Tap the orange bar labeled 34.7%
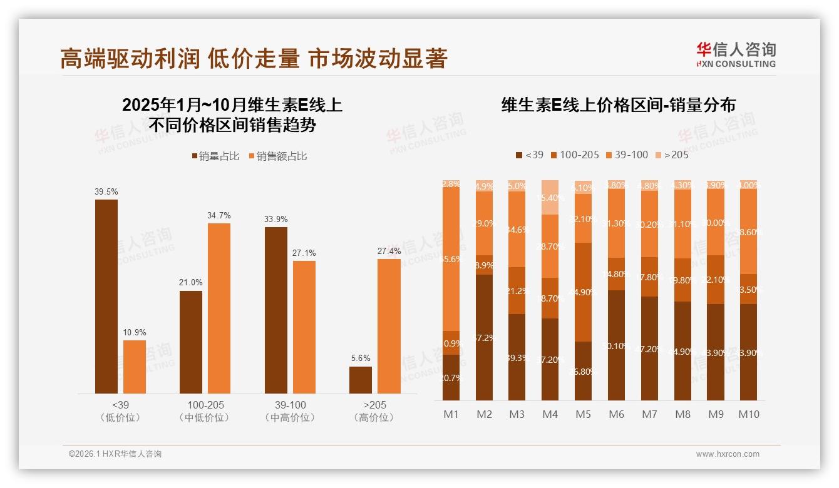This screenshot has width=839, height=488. tap(219, 308)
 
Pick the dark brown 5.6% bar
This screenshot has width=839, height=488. tap(361, 380)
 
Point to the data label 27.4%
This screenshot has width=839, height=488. tap(389, 251)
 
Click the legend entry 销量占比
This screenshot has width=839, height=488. tap(216, 156)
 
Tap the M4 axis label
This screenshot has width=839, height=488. tap(550, 414)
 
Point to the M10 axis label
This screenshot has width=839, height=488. tap(748, 414)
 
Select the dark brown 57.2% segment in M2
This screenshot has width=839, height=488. tap(484, 337)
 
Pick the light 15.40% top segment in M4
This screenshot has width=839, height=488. tap(550, 197)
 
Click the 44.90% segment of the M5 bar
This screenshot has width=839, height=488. tap(583, 292)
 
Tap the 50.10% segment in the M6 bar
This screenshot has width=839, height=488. tap(616, 345)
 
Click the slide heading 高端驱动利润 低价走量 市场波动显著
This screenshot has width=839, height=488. tap(254, 58)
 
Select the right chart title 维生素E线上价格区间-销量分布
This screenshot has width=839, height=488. tap(618, 105)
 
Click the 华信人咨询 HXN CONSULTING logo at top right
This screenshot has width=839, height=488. tap(736, 54)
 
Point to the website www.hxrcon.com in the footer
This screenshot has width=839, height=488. tap(728, 454)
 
